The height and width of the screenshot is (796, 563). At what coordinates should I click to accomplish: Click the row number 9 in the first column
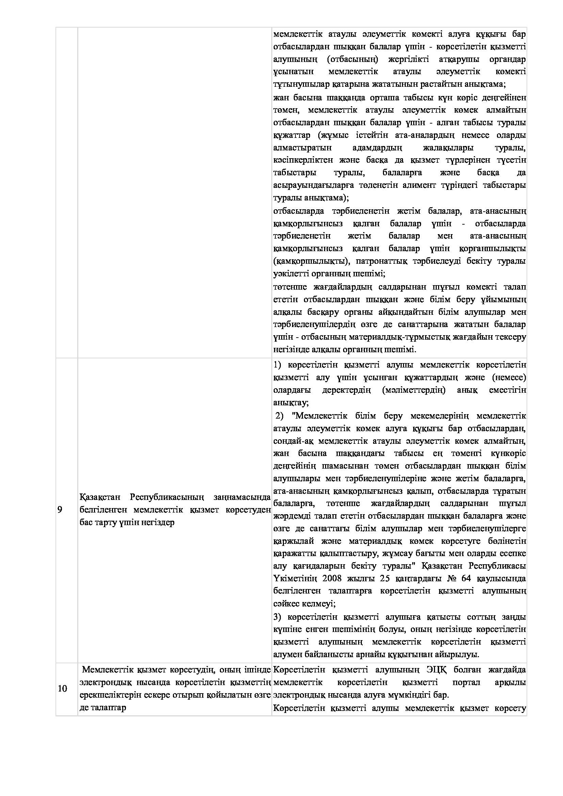tap(60, 510)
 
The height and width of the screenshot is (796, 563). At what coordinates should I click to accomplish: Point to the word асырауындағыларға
tap(313, 185)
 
